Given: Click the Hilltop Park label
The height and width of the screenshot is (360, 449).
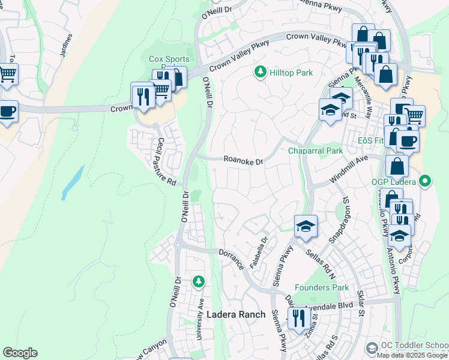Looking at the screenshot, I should point(291,73).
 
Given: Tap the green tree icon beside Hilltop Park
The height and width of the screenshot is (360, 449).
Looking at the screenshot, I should point(261,73).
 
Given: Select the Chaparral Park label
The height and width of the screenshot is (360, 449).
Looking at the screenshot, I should point(315,151).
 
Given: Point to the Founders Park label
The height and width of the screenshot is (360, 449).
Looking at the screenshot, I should point(322,287).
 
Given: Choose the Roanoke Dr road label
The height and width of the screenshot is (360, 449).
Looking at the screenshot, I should point(244,161).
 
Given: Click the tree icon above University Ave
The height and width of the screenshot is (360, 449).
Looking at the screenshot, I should point(198,281).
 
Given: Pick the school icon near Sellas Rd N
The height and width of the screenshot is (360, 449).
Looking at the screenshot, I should point(306,226).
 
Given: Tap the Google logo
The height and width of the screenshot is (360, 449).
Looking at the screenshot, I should point(20,352).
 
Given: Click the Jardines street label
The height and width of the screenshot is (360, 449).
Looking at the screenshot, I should point(67,45).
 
